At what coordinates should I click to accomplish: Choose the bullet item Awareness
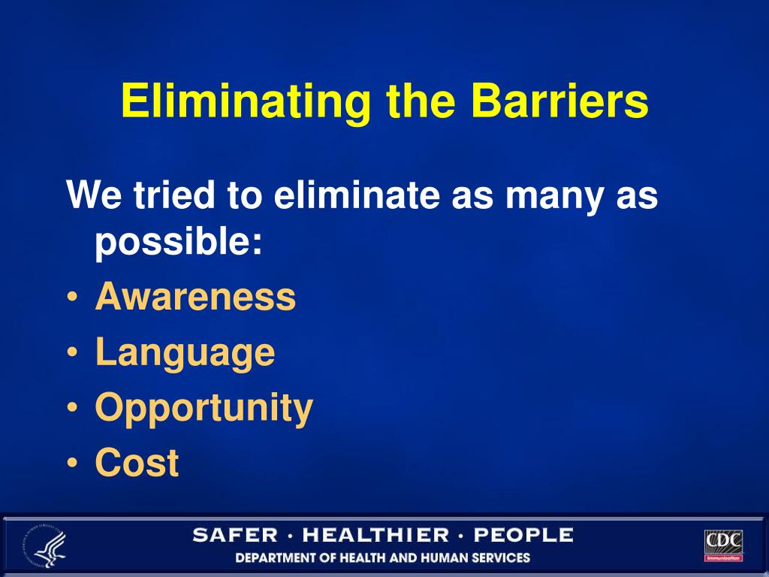[195, 297]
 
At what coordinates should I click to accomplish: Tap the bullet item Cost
[137, 463]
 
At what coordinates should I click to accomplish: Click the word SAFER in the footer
[235, 536]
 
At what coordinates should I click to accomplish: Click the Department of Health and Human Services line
[383, 558]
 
